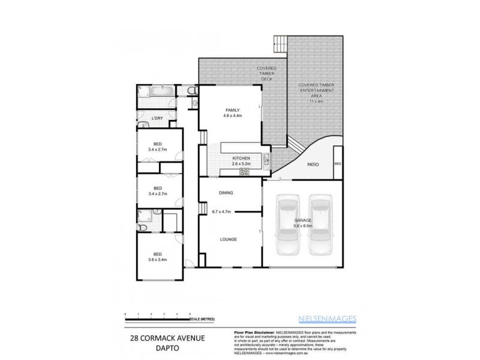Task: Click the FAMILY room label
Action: pyautogui.click(x=232, y=110)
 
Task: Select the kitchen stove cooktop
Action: pyautogui.click(x=244, y=172)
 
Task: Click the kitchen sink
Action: pyautogui.click(x=267, y=160)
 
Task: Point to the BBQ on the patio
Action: pyautogui.click(x=337, y=163)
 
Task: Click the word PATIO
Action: pyautogui.click(x=313, y=164)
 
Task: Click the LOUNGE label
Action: pyautogui.click(x=229, y=239)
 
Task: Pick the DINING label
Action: pyautogui.click(x=226, y=193)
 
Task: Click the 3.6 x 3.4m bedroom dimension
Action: pyautogui.click(x=157, y=260)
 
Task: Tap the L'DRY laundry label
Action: pyautogui.click(x=157, y=118)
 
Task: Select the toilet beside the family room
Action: pyautogui.click(x=191, y=91)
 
